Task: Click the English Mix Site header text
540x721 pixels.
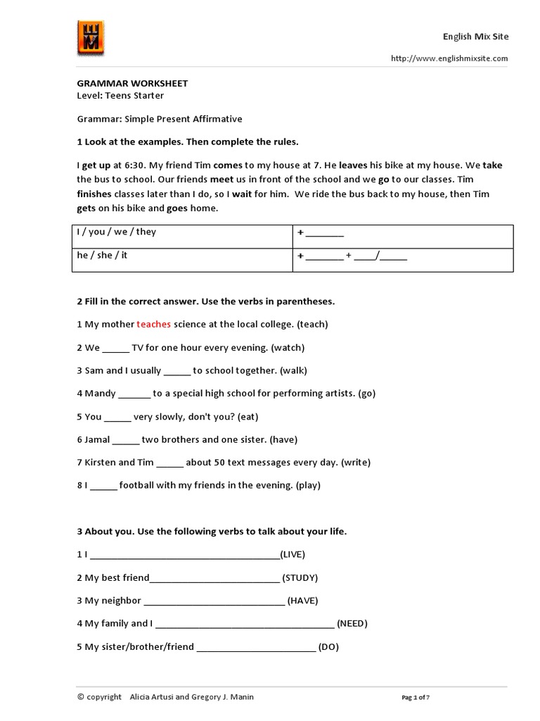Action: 475,37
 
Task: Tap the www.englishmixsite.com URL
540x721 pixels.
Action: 449,59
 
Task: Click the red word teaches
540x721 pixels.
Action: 153,325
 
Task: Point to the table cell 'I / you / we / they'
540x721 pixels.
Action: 117,232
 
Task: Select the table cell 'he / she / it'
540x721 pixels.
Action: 103,256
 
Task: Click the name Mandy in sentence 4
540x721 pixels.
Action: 101,394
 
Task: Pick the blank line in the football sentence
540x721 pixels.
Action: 103,486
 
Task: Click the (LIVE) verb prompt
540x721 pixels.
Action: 292,555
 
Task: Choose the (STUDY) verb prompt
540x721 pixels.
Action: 300,578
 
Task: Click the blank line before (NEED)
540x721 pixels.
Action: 244,625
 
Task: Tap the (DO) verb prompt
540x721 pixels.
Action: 328,647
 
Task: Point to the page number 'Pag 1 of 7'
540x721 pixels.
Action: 416,698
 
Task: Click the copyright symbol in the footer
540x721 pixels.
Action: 81,697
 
